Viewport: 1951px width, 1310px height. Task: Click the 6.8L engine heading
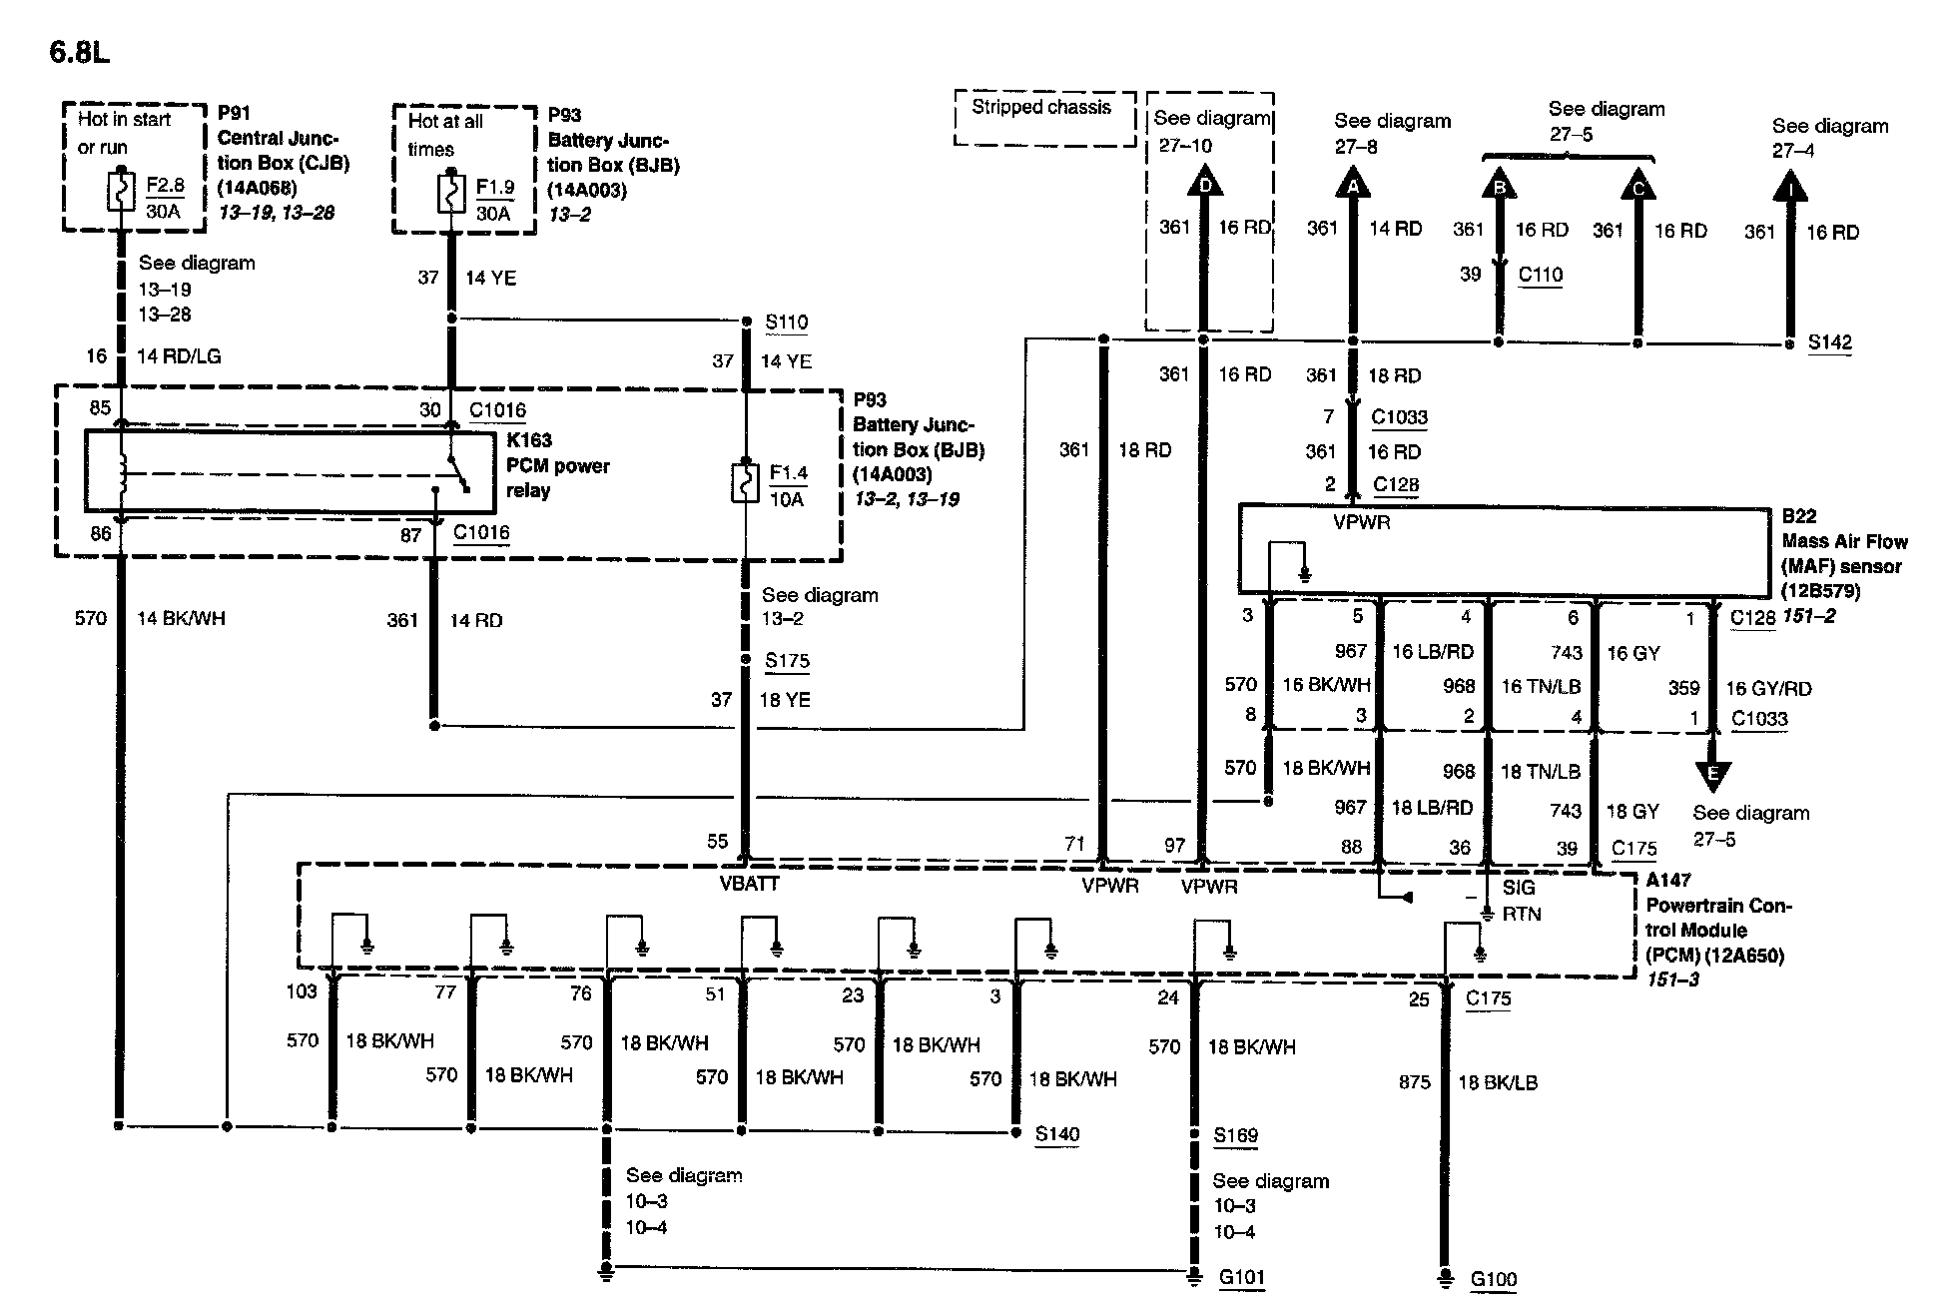pos(79,52)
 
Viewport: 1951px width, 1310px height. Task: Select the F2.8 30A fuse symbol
pos(121,193)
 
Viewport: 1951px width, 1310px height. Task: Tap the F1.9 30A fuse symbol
pos(451,194)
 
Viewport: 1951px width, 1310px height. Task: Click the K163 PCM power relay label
pos(557,465)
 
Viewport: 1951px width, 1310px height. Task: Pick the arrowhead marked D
pos(1204,184)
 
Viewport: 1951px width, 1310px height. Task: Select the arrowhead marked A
pos(1353,185)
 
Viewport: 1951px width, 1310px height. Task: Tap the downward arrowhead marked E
pos(1713,775)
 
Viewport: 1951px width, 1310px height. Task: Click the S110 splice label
pos(787,323)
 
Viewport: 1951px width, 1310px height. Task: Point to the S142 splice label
pos(1830,342)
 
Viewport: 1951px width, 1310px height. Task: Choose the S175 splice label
pos(787,661)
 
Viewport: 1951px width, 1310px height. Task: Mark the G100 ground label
pos(1494,1279)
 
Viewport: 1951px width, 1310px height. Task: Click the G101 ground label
pos(1242,1277)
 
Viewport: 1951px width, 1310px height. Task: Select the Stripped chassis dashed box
pos(1043,117)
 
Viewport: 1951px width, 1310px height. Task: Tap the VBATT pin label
pos(749,884)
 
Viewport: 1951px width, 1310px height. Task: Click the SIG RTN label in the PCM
pos(1521,901)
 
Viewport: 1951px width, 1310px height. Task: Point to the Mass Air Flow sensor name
pos(1843,554)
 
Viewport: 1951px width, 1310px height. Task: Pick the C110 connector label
pos(1540,275)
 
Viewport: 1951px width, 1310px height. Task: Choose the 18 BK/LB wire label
pos(1498,1082)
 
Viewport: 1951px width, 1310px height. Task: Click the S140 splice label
pos(1056,1134)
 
